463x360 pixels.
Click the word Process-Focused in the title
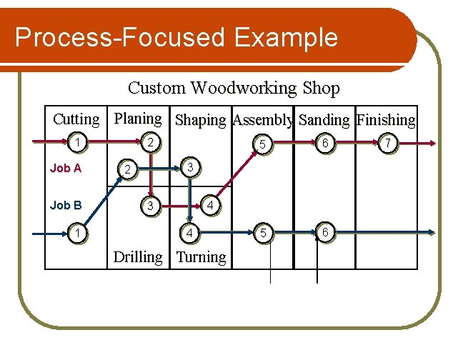(x=120, y=37)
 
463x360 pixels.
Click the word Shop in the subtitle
(x=322, y=88)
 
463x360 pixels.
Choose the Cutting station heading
(x=76, y=119)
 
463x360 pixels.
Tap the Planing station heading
(x=138, y=119)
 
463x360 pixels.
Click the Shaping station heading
(x=201, y=120)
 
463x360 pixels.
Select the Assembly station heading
(x=263, y=120)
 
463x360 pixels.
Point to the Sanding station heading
(x=324, y=120)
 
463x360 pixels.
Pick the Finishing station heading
(x=387, y=120)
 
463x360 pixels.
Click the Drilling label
(x=139, y=257)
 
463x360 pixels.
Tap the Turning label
(x=201, y=257)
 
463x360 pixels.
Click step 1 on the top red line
(x=77, y=144)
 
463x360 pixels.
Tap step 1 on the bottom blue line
(x=77, y=234)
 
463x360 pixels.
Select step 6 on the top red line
(x=325, y=144)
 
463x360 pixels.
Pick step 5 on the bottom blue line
(x=264, y=234)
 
